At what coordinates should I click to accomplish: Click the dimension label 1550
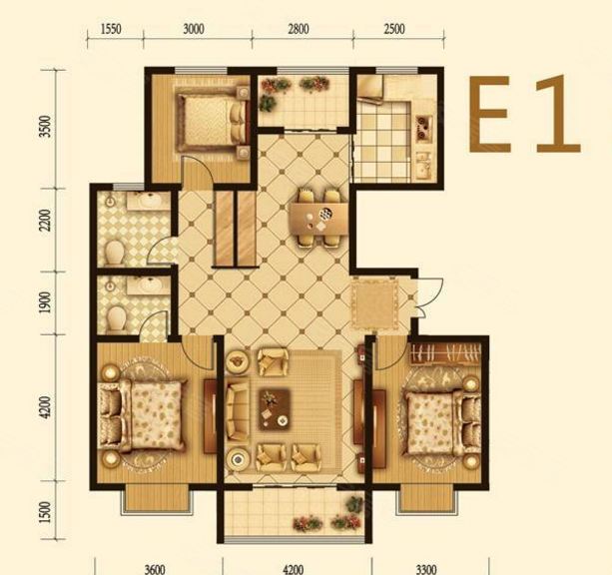[111, 29]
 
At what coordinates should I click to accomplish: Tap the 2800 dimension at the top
[299, 29]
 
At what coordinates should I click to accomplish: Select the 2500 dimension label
[393, 29]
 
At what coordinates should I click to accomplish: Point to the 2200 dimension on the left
[46, 221]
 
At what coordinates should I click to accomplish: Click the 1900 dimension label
[46, 302]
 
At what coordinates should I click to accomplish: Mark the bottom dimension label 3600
[155, 569]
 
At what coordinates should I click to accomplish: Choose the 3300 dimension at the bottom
[425, 569]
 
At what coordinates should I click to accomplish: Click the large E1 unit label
[525, 114]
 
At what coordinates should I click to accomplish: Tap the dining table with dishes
[318, 219]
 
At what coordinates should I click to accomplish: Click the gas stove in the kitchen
[422, 127]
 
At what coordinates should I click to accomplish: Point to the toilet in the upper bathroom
[115, 253]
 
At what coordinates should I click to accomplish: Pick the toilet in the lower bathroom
[117, 317]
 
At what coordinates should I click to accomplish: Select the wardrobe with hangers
[445, 353]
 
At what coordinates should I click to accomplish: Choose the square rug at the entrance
[375, 301]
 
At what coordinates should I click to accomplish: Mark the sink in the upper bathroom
[149, 201]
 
